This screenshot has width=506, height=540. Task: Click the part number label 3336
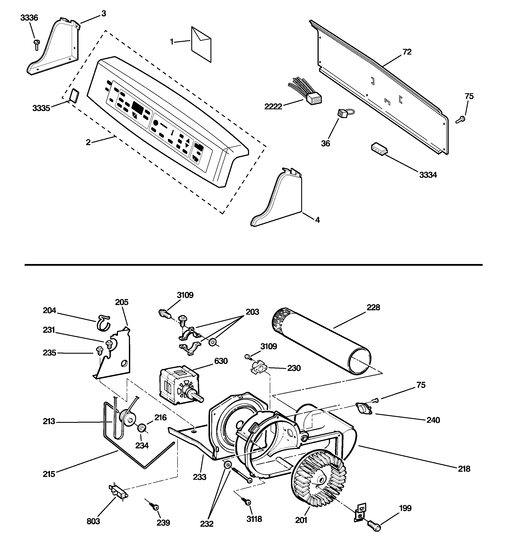(x=29, y=18)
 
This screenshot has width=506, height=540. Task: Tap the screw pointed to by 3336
(x=36, y=44)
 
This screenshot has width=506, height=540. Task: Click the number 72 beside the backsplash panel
(x=407, y=52)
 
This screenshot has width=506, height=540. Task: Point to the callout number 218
(x=464, y=469)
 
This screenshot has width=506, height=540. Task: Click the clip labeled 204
(x=103, y=322)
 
